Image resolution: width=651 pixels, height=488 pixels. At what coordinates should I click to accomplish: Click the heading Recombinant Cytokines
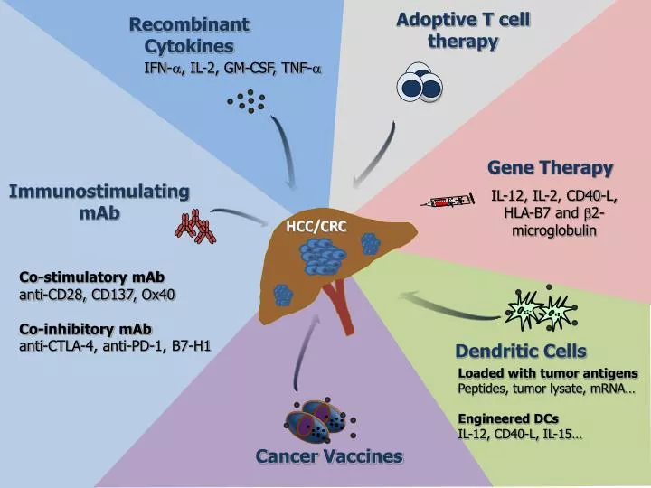coord(188,34)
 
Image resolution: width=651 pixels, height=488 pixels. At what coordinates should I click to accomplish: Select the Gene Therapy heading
coord(551,167)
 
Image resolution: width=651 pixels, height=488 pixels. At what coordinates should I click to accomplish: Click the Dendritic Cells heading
coord(520,351)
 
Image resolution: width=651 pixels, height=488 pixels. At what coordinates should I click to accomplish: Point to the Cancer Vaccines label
coord(329,455)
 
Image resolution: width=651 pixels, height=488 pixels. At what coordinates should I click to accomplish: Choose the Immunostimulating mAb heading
coord(99,202)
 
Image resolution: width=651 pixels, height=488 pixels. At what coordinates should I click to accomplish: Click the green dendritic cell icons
coord(534,312)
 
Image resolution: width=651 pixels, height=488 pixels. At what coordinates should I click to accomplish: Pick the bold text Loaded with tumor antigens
coord(547,373)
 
